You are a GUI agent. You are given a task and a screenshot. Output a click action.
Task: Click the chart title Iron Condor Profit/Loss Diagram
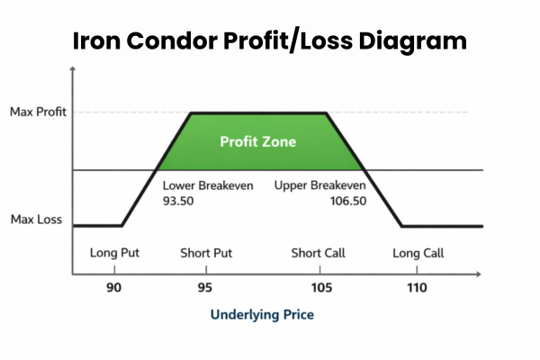pyautogui.click(x=269, y=41)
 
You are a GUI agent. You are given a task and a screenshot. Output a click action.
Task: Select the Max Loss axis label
pyautogui.click(x=36, y=219)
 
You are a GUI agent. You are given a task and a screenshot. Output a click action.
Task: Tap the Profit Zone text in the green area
pyautogui.click(x=258, y=141)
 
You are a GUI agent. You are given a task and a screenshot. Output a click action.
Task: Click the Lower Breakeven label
pyautogui.click(x=208, y=186)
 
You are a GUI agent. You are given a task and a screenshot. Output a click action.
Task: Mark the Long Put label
pyautogui.click(x=115, y=253)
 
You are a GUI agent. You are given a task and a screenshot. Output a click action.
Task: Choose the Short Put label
pyautogui.click(x=206, y=253)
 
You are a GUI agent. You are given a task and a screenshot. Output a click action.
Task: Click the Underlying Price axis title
pyautogui.click(x=262, y=316)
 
